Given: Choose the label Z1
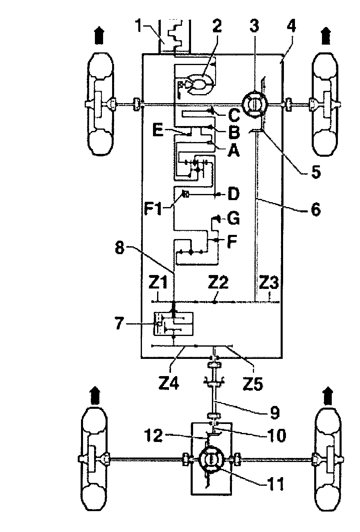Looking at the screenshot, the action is [158, 283].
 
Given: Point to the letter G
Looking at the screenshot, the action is [233, 218].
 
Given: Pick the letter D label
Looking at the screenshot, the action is [234, 194].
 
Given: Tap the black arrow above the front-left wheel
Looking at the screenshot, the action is [99, 35].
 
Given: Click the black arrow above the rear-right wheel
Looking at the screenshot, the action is [328, 395].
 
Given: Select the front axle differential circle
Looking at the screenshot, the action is [254, 104].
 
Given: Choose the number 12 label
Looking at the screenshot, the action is [154, 435].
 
